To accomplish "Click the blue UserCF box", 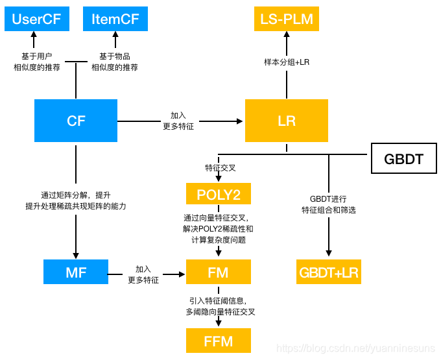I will pos(36,19).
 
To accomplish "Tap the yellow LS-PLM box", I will pos(286,19).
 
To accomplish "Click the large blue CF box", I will pos(76,121).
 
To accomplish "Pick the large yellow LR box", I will pos(286,121).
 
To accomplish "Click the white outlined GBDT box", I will pos(403,159).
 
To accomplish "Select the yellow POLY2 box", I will pos(218,194).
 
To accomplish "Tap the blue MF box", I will pos(76,272).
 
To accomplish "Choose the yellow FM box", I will pos(218,272).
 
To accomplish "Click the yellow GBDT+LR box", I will pos(328,272).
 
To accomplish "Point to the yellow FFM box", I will pos(218,340).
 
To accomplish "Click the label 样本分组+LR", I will pos(286,62).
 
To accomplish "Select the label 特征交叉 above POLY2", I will pos(220,168).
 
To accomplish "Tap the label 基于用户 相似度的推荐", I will pos(37,62).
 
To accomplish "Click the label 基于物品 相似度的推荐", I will pos(115,62).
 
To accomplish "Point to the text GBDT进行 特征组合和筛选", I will pos(328,204).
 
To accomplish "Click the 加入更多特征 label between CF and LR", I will pos(178,121).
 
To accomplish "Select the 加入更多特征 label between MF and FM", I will pos(143,274).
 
